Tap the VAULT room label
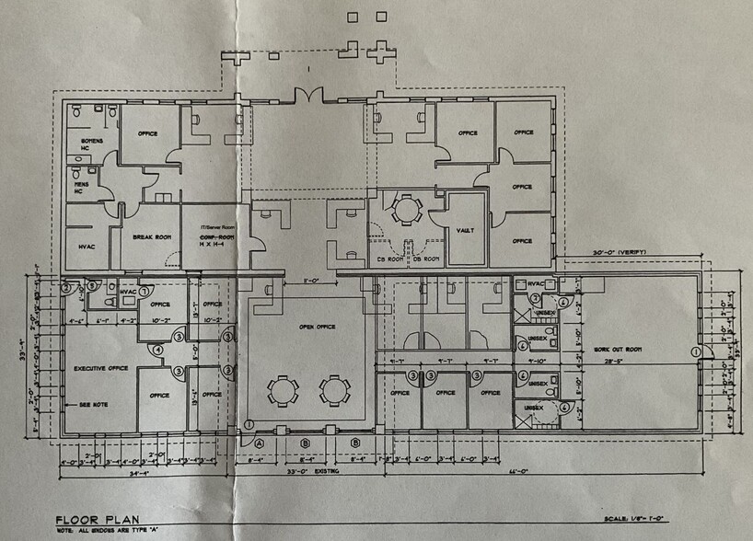pyautogui.click(x=465, y=231)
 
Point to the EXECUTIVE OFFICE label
pyautogui.click(x=100, y=368)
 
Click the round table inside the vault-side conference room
pyautogui.click(x=404, y=211)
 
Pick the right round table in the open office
pyautogui.click(x=334, y=390)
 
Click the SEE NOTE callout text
pyautogui.click(x=96, y=404)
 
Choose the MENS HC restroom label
pyautogui.click(x=84, y=189)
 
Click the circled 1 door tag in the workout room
pyautogui.click(x=696, y=351)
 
